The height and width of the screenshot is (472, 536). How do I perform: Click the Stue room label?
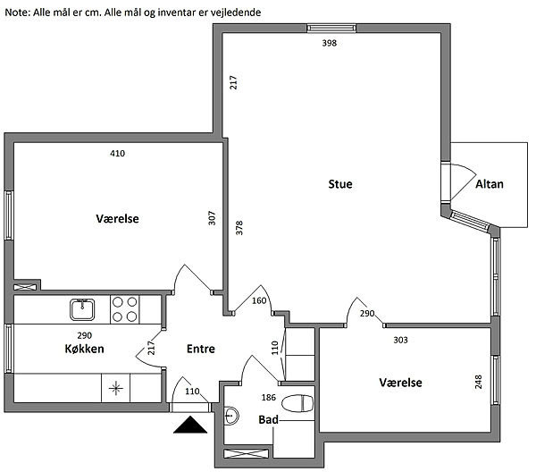point(340,184)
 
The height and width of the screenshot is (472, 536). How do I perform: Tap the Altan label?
point(490,184)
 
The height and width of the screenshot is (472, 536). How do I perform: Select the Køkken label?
point(85,349)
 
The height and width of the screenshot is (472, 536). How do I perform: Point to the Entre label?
point(201,349)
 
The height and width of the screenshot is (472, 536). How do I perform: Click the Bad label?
point(268,419)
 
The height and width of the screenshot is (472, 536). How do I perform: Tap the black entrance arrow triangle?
point(190,425)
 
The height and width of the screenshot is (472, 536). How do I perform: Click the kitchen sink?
point(82,309)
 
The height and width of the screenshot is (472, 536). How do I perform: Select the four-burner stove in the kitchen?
point(125,309)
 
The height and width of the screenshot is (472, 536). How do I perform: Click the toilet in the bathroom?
point(297,403)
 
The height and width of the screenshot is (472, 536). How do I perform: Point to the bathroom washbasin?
point(231,416)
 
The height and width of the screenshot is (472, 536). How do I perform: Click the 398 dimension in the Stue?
point(329,43)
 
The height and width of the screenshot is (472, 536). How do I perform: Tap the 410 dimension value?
point(117,153)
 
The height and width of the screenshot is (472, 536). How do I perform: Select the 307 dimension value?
point(212,218)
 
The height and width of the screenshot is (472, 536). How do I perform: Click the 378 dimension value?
point(239,227)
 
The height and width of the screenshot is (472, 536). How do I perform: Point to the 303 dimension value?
point(400,340)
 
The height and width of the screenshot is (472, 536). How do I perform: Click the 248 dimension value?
point(479,382)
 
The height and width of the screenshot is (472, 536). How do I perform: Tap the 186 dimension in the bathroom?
point(268,398)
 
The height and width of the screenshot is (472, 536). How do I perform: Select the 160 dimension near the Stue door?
point(259,300)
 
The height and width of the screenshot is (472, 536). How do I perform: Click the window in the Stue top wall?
point(331,28)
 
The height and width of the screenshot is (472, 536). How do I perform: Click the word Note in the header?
point(17,13)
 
